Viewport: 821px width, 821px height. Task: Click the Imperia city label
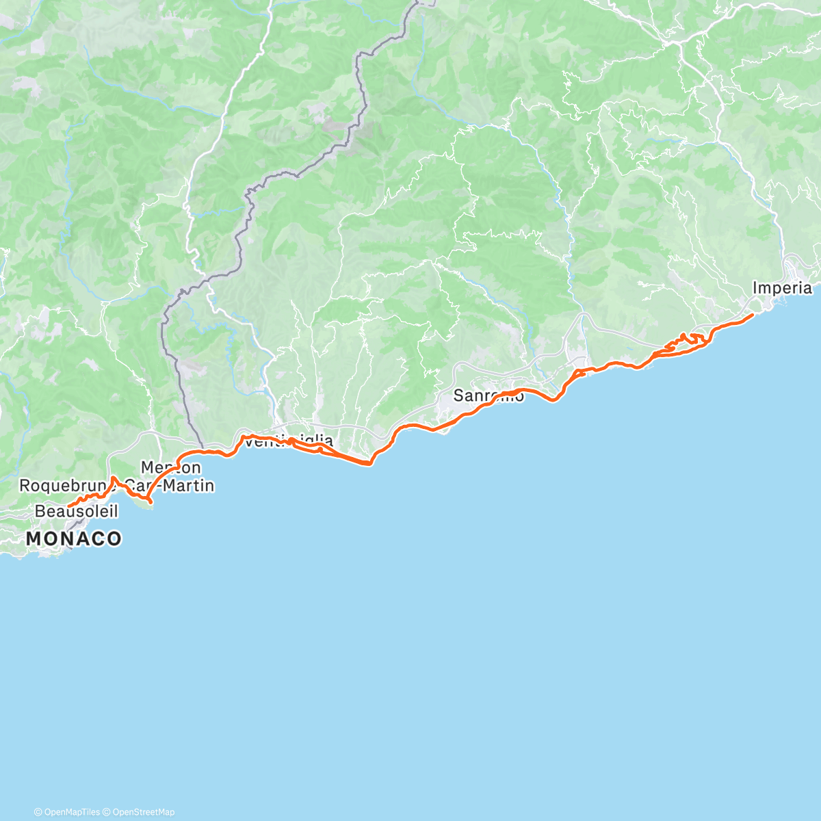pos(782,288)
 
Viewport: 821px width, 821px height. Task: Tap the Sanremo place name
pos(488,395)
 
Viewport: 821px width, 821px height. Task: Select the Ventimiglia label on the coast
pos(289,441)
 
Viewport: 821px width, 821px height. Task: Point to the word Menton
pos(170,467)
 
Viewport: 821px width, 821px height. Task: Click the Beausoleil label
pos(76,511)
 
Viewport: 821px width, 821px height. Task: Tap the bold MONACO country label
pos(74,538)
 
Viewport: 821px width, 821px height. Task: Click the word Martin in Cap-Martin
pos(192,486)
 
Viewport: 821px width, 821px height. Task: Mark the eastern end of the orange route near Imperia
pos(753,314)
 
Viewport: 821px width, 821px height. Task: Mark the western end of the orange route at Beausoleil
pos(68,506)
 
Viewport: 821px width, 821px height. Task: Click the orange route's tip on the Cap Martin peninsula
pos(149,506)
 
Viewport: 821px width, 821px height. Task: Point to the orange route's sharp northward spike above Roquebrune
pos(113,477)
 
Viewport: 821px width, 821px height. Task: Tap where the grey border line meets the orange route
pos(203,452)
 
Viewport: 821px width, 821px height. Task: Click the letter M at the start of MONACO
pos(34,538)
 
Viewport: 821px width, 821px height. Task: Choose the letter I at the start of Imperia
pos(755,288)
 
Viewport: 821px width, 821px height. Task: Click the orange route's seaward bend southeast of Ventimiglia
pos(369,463)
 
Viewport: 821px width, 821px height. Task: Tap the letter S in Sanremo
pos(459,395)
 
